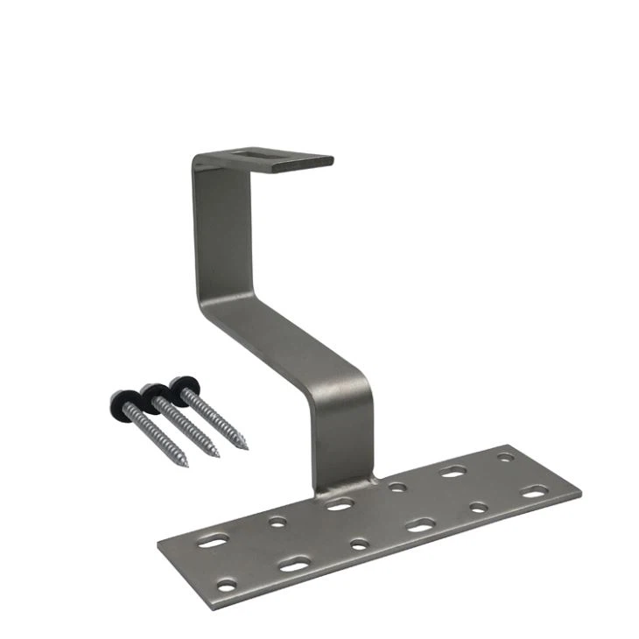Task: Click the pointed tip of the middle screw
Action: (x=216, y=456)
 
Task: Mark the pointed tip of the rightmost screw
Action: (x=246, y=448)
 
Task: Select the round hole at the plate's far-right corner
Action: (x=505, y=457)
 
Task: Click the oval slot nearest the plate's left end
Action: (x=212, y=543)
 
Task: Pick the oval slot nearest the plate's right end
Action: (x=535, y=493)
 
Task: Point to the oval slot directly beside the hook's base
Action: (x=339, y=505)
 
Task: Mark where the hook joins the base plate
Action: (x=341, y=487)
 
